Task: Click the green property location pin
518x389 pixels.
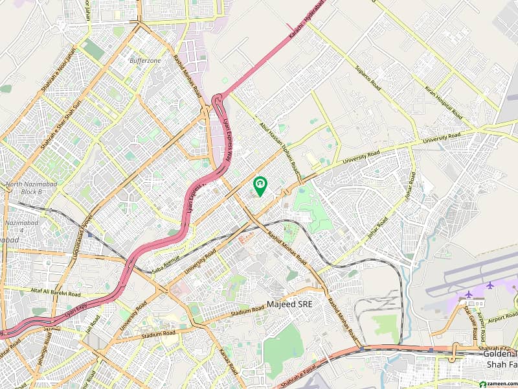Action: pyautogui.click(x=260, y=186)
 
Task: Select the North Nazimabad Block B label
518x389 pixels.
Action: pyautogui.click(x=32, y=188)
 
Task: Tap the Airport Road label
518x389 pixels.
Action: pyautogui.click(x=502, y=318)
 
